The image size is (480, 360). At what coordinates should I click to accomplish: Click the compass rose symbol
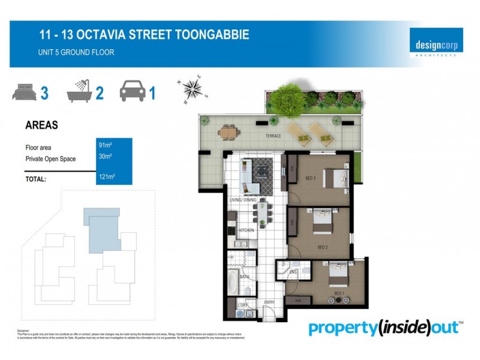(193, 89)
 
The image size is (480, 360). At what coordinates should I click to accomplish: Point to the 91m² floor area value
(106, 145)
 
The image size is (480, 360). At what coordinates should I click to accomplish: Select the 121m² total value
(107, 177)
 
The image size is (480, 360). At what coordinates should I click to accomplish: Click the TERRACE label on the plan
(274, 136)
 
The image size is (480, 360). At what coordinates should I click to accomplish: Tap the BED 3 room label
(310, 178)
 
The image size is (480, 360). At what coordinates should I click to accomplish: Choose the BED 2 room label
(323, 247)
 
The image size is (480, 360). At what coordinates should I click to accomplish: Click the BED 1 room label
(339, 293)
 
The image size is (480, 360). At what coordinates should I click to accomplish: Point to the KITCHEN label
(247, 230)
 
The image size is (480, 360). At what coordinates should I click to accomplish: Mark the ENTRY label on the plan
(269, 302)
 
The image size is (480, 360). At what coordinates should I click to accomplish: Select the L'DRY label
(243, 306)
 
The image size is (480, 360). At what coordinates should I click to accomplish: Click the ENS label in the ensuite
(293, 272)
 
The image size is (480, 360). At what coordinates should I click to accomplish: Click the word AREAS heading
(41, 125)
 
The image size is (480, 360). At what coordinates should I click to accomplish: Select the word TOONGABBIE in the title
(208, 35)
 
